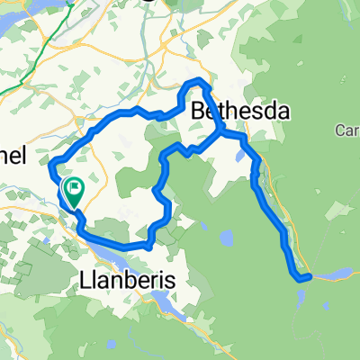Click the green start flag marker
click(74, 190)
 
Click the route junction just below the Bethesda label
click(221, 134)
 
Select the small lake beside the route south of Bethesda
click(238, 155)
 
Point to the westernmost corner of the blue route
click(50, 163)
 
